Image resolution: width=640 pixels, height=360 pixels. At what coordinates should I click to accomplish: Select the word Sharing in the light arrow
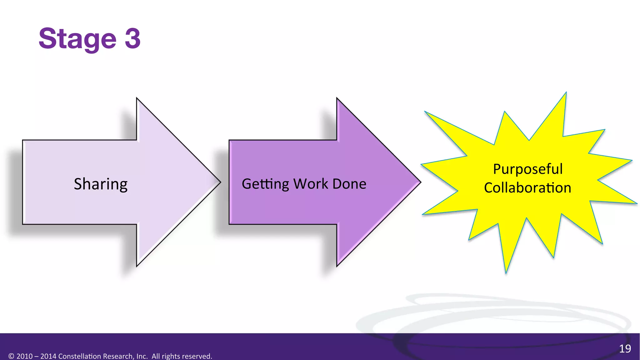[x=101, y=184]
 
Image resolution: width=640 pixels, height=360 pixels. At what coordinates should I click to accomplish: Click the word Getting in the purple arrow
[x=265, y=184]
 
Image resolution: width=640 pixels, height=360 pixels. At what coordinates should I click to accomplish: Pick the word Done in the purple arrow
[x=349, y=184]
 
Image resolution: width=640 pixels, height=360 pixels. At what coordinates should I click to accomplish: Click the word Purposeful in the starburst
[x=527, y=169]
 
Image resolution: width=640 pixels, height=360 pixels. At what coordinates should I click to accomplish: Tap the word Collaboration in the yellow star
[x=527, y=188]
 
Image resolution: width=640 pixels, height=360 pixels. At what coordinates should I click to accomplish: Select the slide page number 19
[x=625, y=348]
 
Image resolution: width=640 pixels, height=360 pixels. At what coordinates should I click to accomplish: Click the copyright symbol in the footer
[x=11, y=356]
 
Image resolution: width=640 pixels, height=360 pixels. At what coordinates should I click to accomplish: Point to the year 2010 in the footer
[x=24, y=356]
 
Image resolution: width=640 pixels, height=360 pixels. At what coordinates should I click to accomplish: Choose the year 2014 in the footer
[x=48, y=356]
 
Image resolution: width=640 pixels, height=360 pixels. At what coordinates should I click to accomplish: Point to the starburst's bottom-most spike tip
[x=506, y=273]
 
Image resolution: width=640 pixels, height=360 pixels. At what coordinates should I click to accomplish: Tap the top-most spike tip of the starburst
[x=566, y=93]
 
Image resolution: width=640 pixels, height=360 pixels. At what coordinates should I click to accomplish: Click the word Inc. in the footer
[x=142, y=356]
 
